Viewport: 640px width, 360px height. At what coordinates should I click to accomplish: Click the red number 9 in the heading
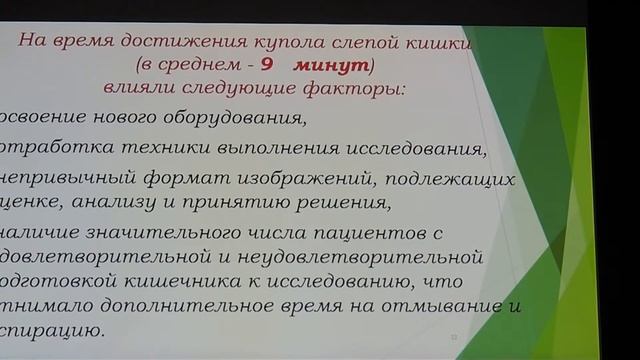coord(267,66)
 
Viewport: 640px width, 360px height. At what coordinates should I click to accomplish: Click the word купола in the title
coord(298,41)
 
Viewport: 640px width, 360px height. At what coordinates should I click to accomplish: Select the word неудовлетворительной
coord(360,257)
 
